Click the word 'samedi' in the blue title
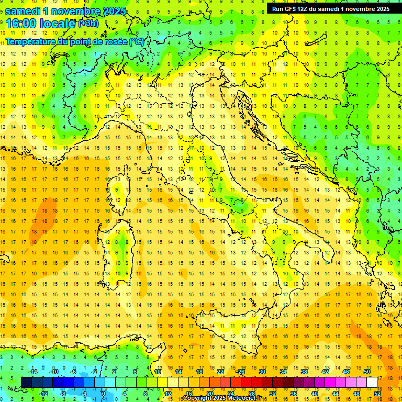[x=25, y=10]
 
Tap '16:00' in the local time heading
[x=20, y=23]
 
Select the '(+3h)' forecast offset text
[x=87, y=23]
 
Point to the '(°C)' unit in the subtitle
[x=136, y=41]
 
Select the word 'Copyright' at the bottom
[x=198, y=398]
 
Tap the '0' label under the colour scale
[x=104, y=393]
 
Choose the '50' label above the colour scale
[x=366, y=372]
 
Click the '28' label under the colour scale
[x=251, y=393]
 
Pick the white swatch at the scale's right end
[x=372, y=382]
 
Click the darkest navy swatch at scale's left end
[x=26, y=382]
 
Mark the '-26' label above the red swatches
[x=240, y=372]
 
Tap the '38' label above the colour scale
[x=304, y=372]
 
